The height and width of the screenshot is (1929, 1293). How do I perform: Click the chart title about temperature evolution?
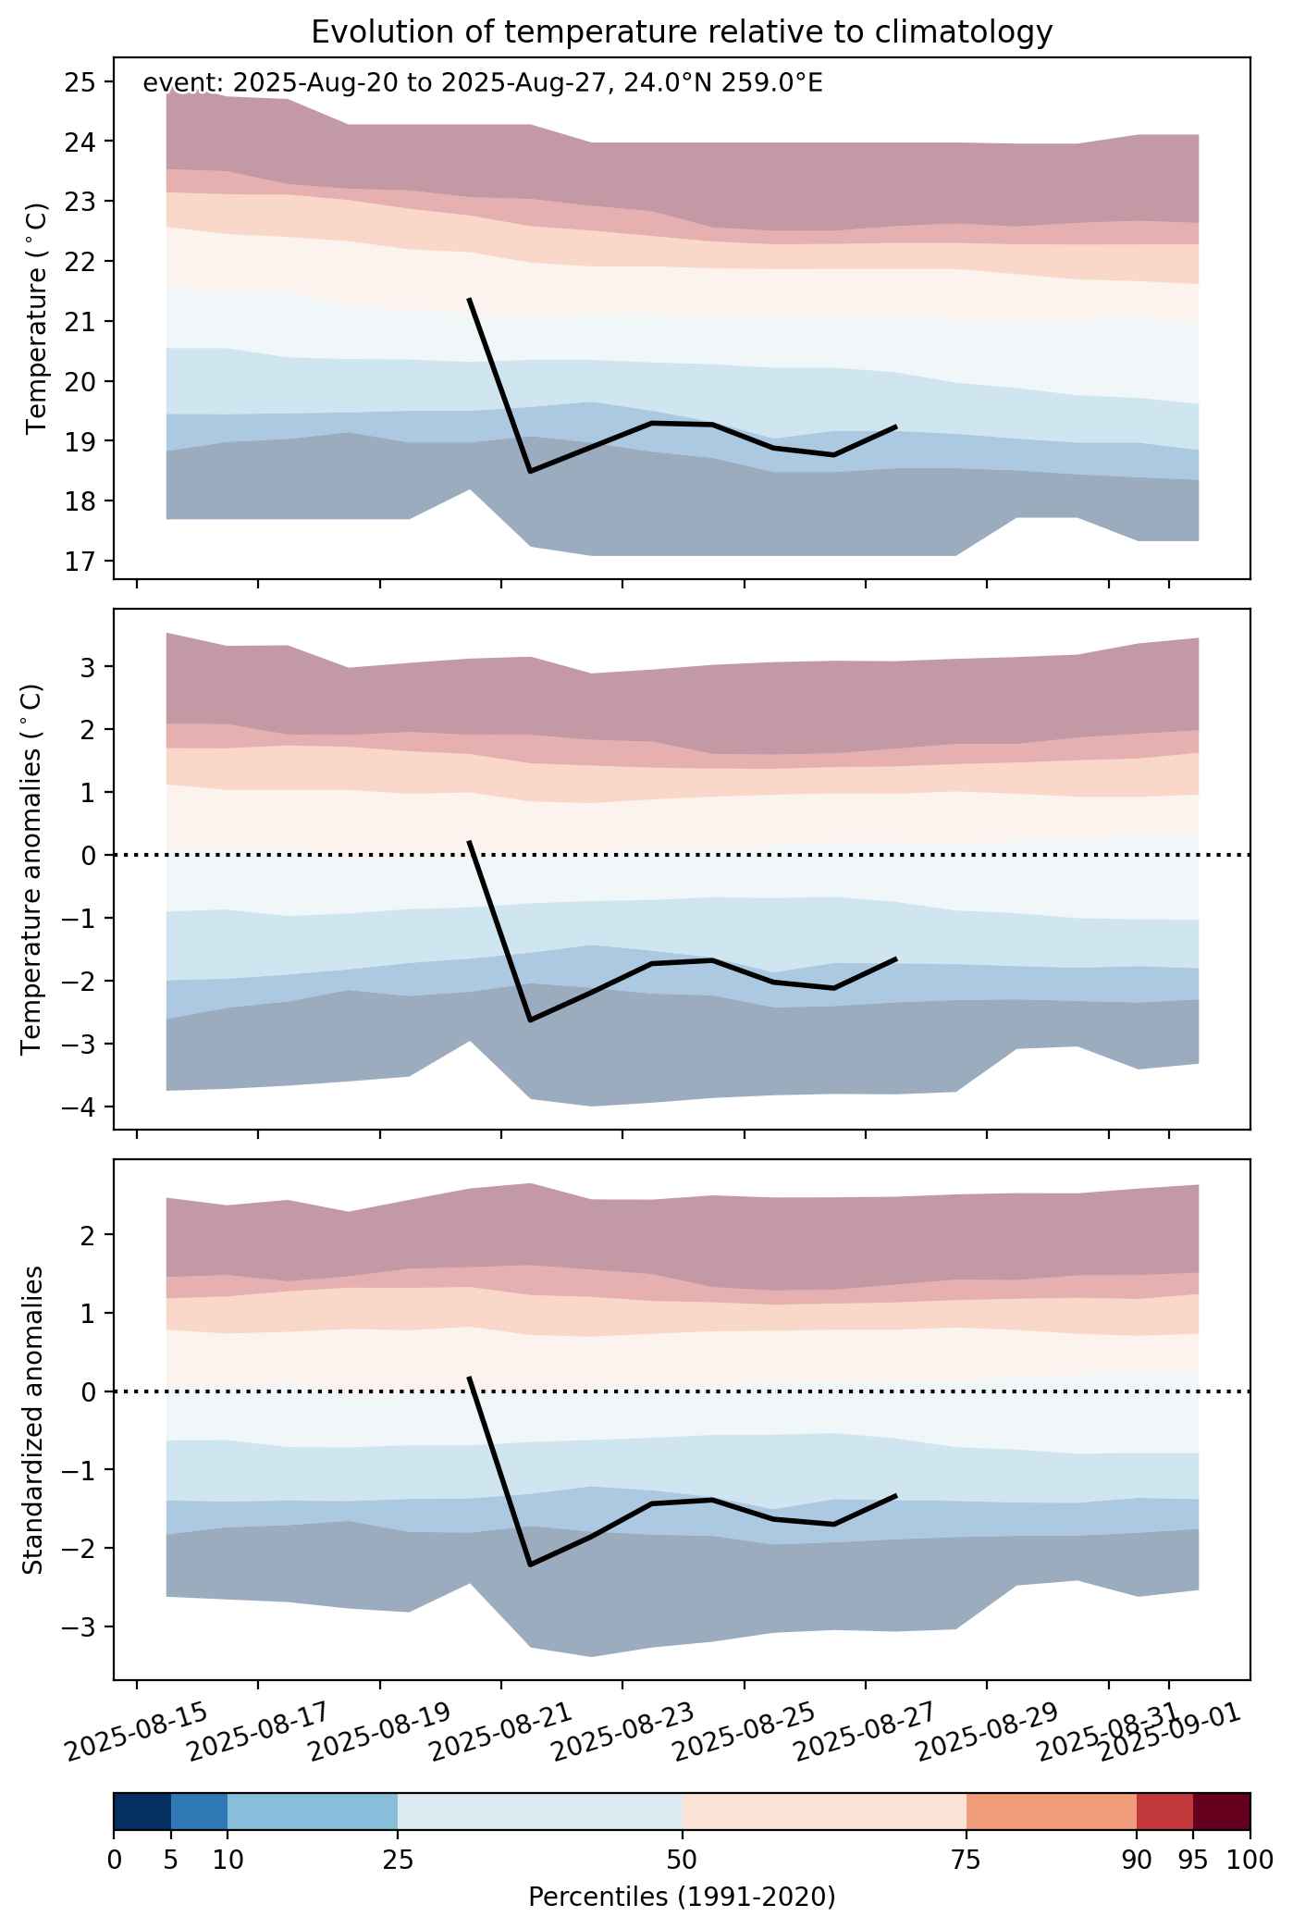click(x=682, y=32)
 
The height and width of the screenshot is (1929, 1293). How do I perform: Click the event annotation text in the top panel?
click(x=482, y=84)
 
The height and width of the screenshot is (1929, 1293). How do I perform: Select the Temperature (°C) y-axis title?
click(x=36, y=317)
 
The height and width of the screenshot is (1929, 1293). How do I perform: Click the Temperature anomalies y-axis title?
click(x=31, y=869)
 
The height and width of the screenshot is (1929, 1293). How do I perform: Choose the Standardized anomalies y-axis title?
click(x=31, y=1419)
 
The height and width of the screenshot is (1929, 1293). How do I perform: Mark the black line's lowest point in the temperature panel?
click(x=530, y=472)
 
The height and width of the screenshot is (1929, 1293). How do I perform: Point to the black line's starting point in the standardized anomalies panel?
click(x=469, y=1377)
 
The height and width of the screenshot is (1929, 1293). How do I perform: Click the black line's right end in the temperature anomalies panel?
click(x=896, y=959)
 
